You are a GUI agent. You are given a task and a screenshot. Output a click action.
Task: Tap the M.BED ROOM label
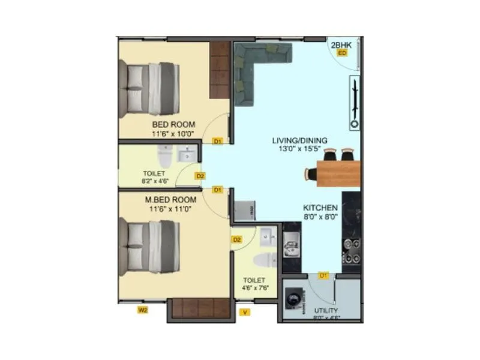(x=170, y=200)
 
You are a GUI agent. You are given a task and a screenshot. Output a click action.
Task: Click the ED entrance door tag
(x=341, y=53)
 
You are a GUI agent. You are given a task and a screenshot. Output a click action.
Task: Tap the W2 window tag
(x=143, y=310)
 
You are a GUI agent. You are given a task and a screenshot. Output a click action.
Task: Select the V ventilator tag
(x=244, y=312)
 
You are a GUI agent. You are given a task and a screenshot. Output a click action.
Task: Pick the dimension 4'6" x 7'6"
(x=256, y=288)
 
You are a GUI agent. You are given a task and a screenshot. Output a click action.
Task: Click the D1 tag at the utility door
(x=324, y=275)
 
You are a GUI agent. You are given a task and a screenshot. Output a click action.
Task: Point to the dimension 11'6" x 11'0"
(x=170, y=209)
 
